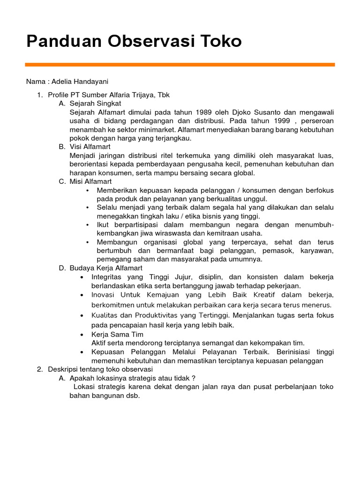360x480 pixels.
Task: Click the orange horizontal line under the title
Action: coord(180,65)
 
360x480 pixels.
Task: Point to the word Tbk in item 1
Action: coord(164,95)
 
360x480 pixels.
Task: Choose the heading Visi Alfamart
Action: coord(90,147)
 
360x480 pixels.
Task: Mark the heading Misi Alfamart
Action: coord(90,181)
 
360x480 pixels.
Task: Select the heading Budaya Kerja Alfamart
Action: coord(105,268)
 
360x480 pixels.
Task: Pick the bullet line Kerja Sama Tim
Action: coord(117,334)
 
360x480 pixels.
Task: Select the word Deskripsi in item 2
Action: coord(63,369)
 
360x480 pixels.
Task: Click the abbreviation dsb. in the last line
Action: coord(132,396)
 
